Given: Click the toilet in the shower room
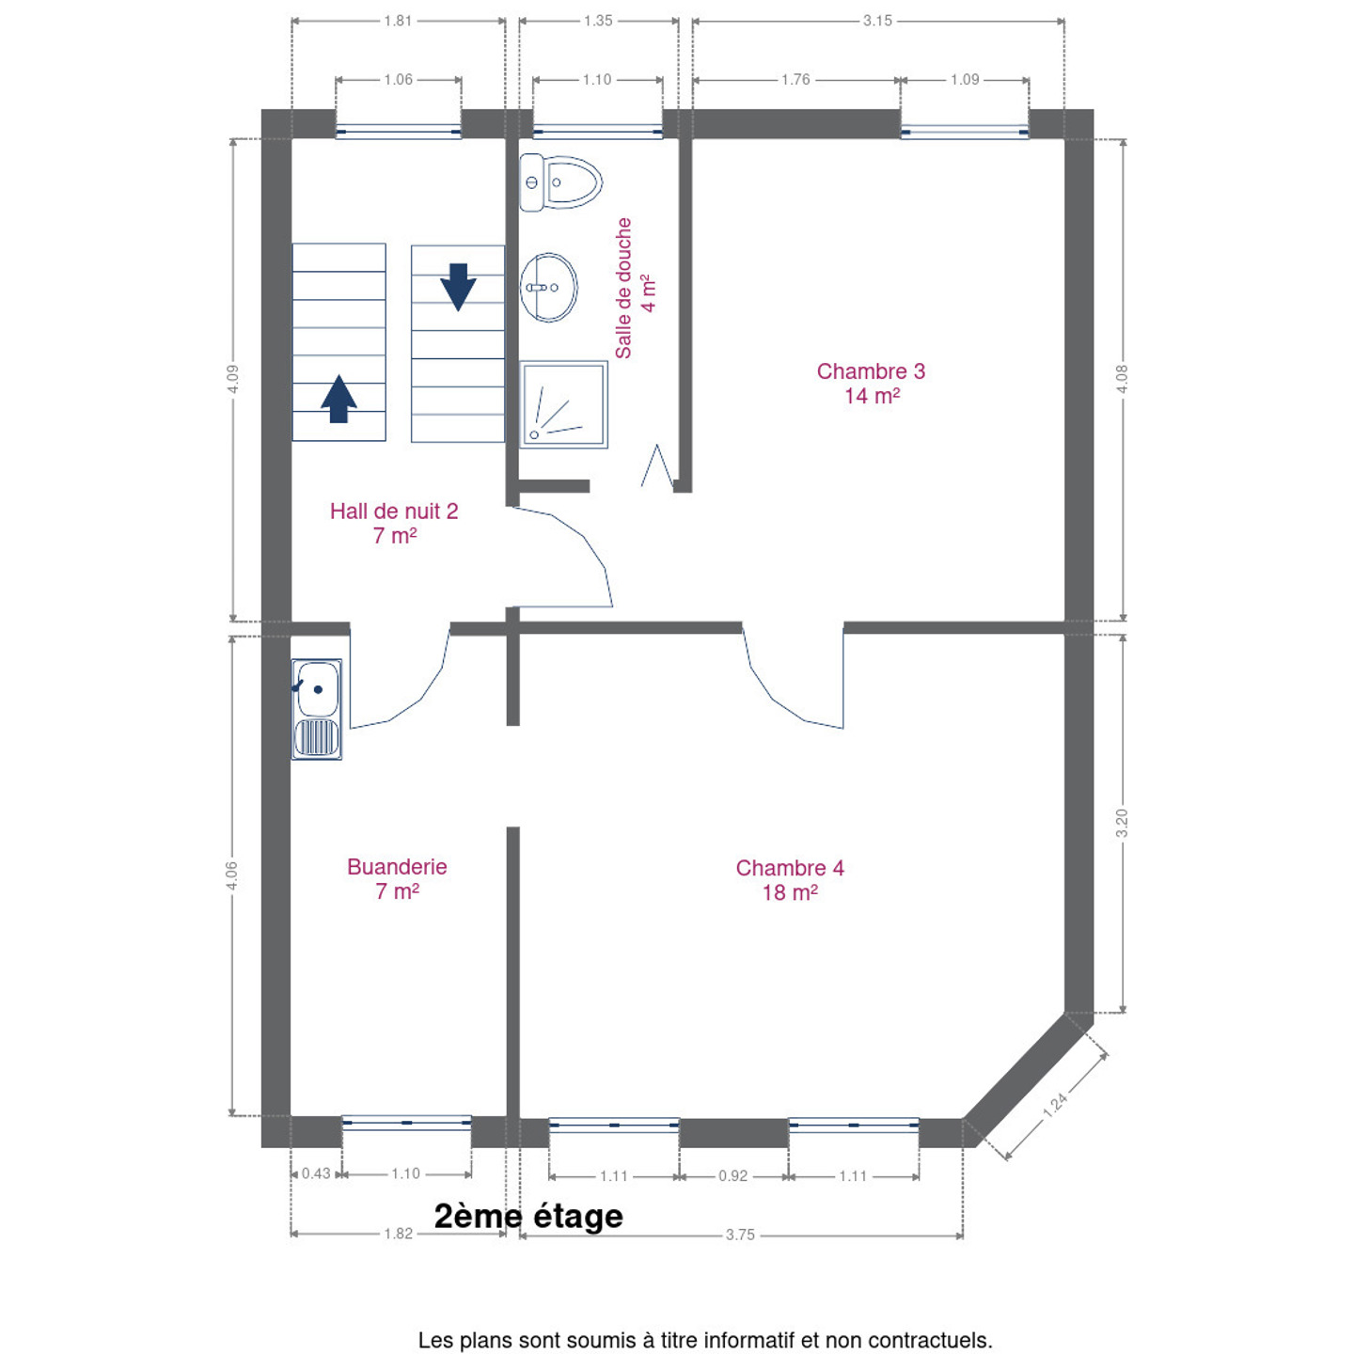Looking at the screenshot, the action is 560,182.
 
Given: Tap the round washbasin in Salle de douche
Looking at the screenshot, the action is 549,288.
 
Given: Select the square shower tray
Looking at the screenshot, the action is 563,404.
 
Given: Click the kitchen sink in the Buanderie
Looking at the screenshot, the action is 317,709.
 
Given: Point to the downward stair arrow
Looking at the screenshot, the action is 458,287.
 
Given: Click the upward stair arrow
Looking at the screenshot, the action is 338,399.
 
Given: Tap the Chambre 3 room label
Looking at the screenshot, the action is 871,383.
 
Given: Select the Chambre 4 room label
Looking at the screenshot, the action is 790,880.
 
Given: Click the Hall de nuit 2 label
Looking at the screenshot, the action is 394,524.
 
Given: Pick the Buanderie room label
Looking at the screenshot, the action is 397,878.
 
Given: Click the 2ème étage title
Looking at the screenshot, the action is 528,1217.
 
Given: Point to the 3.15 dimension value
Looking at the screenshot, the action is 877,21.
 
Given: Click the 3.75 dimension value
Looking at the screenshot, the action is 740,1236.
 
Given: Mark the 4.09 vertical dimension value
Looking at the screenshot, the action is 233,380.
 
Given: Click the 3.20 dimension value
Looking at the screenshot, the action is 1122,823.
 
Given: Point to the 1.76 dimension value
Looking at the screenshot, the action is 795,80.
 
